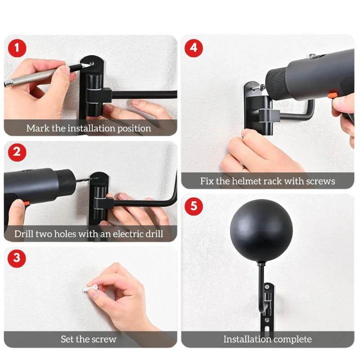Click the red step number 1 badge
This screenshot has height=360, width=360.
coord(18,48)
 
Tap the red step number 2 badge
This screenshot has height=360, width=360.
coord(18,152)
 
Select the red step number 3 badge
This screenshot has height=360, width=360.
coord(18,258)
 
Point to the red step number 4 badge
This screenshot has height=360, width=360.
coord(193,48)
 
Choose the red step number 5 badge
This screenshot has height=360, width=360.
coord(193,207)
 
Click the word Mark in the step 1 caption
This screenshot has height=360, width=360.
coord(38,128)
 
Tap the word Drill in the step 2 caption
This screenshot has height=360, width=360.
coord(23,234)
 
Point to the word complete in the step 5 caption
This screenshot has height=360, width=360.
coord(292,339)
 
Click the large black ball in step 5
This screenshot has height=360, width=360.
coord(261,231)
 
